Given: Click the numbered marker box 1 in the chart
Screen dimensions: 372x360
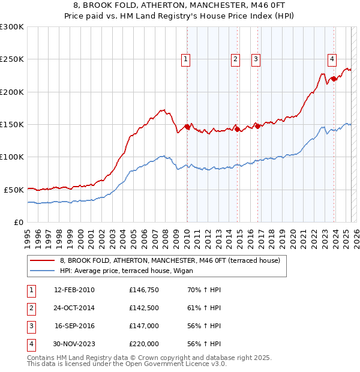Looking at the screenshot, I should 186,59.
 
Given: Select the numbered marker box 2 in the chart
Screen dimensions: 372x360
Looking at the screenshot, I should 235,59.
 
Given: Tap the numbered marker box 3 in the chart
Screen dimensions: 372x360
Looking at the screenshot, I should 256,59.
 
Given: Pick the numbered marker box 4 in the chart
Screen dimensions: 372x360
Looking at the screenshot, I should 332,59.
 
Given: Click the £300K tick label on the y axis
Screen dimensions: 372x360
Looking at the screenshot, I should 11,27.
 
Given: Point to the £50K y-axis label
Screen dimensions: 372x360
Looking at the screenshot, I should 14,190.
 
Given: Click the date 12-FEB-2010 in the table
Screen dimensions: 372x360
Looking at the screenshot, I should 74,290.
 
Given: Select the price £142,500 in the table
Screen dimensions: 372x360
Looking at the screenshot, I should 144,308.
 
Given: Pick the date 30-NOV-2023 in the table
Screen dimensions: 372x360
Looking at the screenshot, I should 74,344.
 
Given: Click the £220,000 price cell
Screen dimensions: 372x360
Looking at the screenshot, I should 144,344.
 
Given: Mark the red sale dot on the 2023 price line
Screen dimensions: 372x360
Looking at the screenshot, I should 334,79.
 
